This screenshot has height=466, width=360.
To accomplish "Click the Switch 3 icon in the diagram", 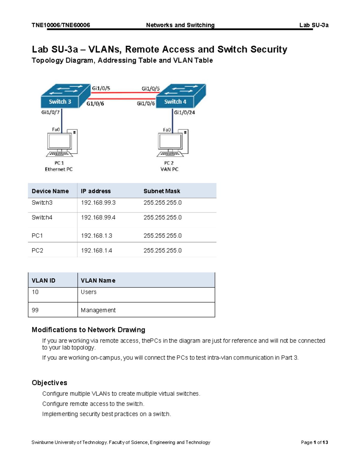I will coord(65,96).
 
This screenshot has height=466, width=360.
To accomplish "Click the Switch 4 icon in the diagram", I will coord(181,96).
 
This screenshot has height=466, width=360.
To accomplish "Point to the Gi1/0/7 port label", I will coord(50,112).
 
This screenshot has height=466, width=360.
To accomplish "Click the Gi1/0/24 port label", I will coord(184,113).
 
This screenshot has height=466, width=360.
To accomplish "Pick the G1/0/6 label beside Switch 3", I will coord(95,104).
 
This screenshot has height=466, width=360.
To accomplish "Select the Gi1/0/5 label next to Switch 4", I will coord(151,89).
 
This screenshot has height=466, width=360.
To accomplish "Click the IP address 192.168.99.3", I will coord(98,203).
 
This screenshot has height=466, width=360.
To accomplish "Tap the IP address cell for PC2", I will coord(96,251).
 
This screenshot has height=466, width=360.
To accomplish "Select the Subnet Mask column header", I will coord(162,191).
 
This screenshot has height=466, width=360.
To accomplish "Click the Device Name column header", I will coord(50,191).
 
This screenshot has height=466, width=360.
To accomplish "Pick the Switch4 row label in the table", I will coord(42,218).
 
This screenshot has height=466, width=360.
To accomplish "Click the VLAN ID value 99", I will coord(35,310).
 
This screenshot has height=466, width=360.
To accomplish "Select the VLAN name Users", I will coord(88,292).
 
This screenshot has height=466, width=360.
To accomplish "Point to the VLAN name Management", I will coord(98,310).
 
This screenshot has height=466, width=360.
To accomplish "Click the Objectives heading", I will coord(49,383).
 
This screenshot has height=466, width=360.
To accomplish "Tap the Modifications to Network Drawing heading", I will coord(88,330).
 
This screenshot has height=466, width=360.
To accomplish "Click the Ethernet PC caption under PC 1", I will coord(59,169).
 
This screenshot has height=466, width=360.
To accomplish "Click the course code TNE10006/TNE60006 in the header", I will coord(61,25).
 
